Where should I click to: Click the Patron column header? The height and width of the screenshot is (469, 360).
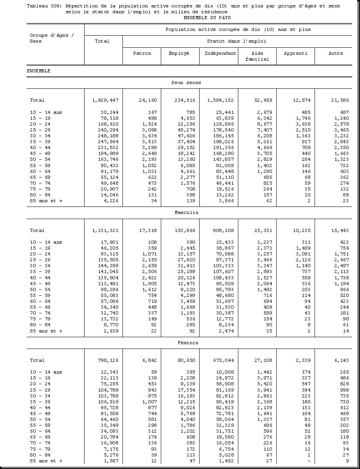(x=142, y=53)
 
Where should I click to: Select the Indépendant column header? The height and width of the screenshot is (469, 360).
(x=220, y=53)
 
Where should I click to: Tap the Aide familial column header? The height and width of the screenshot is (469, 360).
(x=257, y=56)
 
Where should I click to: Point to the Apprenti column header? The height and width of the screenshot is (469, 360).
(x=295, y=53)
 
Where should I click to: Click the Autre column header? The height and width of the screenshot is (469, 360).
(x=335, y=53)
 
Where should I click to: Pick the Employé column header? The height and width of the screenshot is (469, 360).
(x=179, y=53)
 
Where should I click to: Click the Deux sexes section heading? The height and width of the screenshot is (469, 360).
(x=186, y=83)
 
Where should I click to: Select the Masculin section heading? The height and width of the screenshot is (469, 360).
(x=186, y=212)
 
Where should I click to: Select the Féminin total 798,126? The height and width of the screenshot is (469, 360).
(x=107, y=360)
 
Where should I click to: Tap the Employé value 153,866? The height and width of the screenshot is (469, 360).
(x=184, y=230)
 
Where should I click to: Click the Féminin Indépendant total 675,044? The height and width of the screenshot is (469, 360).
(x=223, y=360)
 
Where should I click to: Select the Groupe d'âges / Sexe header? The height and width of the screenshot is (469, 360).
(x=52, y=38)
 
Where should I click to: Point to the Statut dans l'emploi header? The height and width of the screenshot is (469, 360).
(x=236, y=41)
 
